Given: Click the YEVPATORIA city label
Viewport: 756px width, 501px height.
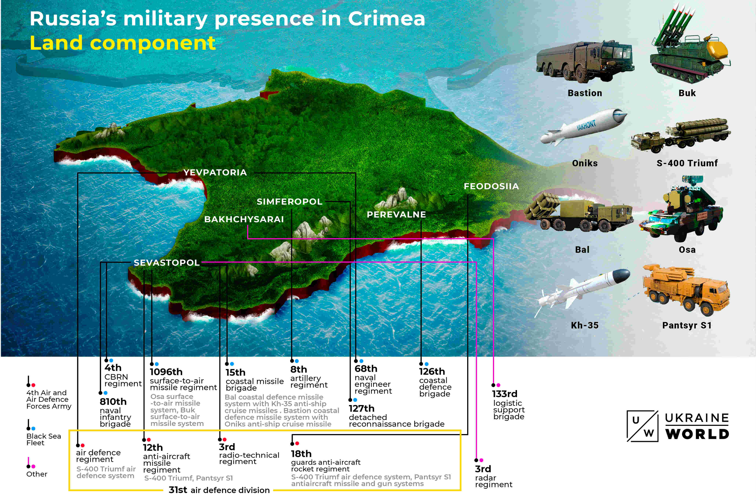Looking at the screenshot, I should (215, 173).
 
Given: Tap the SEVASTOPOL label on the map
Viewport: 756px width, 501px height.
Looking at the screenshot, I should (166, 263).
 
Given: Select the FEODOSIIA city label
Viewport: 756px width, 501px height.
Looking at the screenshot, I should (491, 186).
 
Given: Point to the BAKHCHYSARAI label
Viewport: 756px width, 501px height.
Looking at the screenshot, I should (244, 219).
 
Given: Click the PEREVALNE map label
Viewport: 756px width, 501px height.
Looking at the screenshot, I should (396, 214).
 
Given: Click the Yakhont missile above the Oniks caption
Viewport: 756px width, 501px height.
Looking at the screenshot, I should (584, 127).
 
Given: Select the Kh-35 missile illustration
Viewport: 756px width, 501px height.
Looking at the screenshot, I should (584, 287).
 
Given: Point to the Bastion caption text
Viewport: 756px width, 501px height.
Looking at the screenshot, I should (584, 93).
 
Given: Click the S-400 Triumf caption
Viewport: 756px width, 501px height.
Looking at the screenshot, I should (687, 163).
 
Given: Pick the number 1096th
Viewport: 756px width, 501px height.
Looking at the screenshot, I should (166, 372).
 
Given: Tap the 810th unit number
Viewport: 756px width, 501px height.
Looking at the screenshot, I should (113, 402).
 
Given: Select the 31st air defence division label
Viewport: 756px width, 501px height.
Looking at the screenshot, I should (219, 490).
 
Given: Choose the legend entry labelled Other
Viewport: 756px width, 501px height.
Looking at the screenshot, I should (37, 474).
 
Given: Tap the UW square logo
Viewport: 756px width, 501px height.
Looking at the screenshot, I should (642, 426).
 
